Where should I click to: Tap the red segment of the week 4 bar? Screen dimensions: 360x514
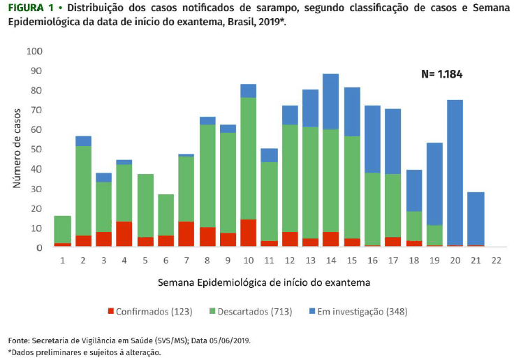pyautogui.click(x=124, y=234)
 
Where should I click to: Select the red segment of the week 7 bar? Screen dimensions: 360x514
pyautogui.click(x=186, y=234)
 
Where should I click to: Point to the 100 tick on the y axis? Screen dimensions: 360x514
pyautogui.click(x=34, y=52)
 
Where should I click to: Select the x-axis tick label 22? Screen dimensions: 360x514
pyautogui.click(x=495, y=260)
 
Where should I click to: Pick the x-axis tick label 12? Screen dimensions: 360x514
pyautogui.click(x=289, y=260)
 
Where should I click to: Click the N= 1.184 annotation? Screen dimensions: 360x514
pyautogui.click(x=441, y=74)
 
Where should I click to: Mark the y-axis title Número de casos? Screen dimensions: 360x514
pyautogui.click(x=17, y=147)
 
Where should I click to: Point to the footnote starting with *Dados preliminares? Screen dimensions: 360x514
pyautogui.click(x=84, y=352)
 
